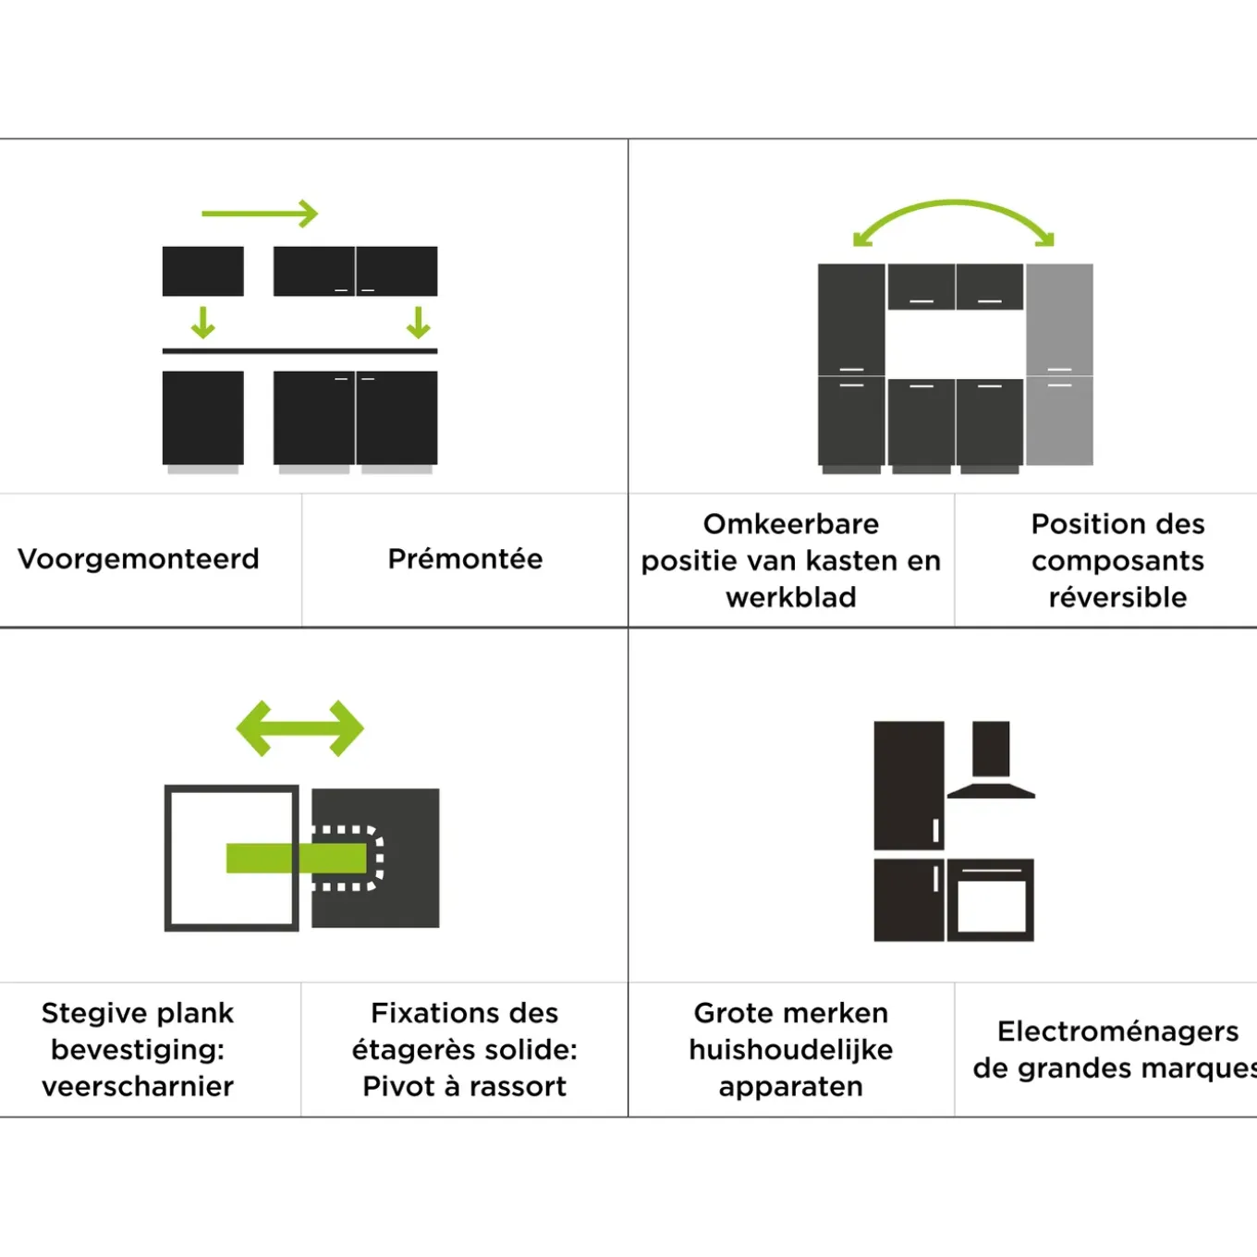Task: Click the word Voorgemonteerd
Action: pos(139,559)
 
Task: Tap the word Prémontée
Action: pos(465,558)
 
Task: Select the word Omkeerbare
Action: pos(791,523)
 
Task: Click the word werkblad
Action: pos(791,597)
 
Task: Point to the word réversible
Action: pos(1118,597)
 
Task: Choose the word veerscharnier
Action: pos(138,1086)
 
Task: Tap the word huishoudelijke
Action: pos(791,1050)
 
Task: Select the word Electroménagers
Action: pos(1118,1031)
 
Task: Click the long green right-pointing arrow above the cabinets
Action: pos(260,214)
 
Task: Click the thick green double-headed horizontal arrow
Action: pos(300,728)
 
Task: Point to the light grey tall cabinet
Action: pos(1059,364)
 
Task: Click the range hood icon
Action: pos(991,760)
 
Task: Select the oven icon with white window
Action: pos(990,899)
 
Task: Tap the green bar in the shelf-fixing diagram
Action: pos(296,859)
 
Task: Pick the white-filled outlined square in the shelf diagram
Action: pos(232,858)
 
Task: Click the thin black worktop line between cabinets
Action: pos(300,351)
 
